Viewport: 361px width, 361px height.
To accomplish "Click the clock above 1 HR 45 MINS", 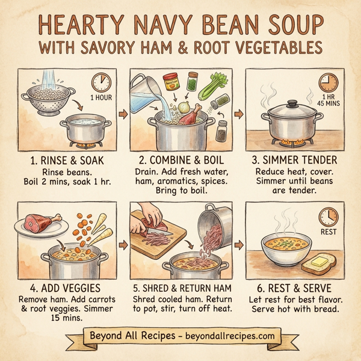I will [x=329, y=83].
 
